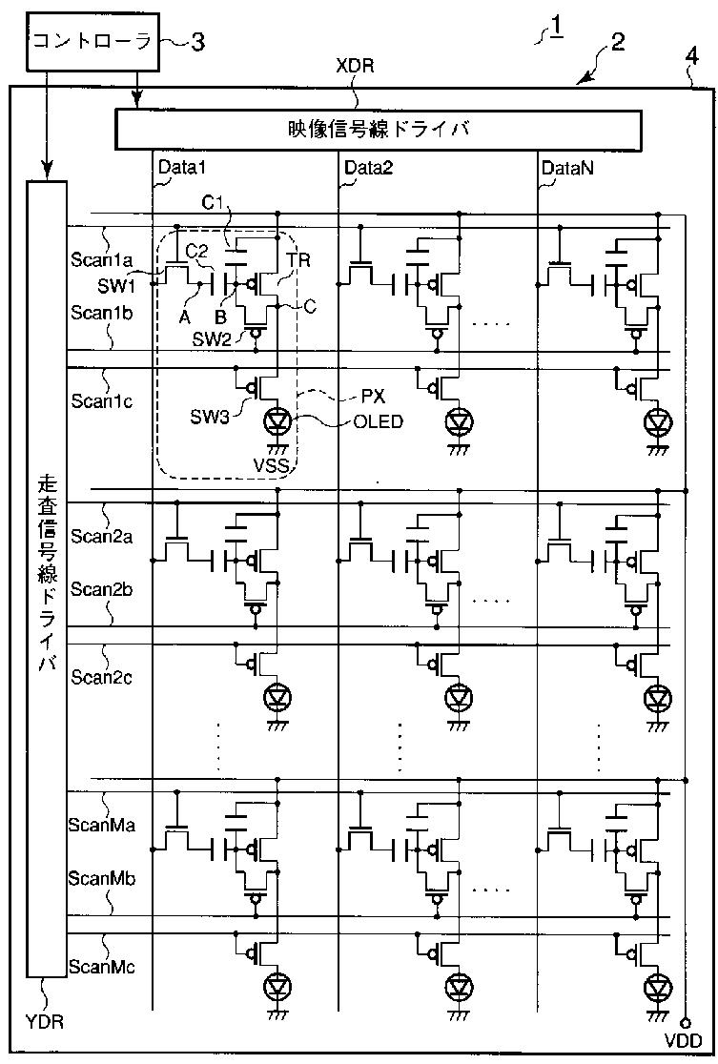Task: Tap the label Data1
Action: (182, 168)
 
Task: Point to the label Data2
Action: (368, 168)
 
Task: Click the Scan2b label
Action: (101, 589)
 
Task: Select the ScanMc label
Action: (101, 967)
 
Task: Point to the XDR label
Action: (356, 68)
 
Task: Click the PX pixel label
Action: (373, 397)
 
